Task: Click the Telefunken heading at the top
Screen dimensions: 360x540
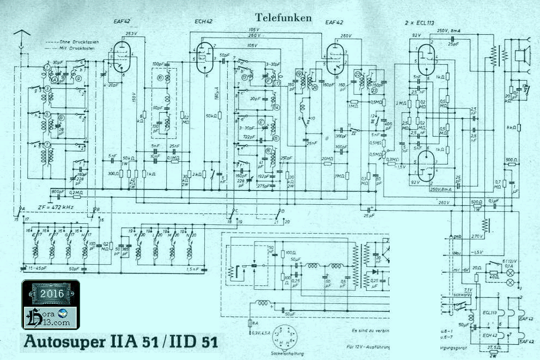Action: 283,18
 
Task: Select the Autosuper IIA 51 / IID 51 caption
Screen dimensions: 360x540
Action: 122,342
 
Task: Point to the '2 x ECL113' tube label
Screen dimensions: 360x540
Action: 423,23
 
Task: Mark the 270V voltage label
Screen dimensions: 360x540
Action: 477,237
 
